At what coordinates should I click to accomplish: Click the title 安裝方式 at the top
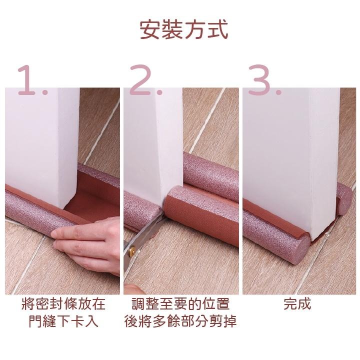tap(184, 30)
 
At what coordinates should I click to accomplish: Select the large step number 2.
tap(146, 80)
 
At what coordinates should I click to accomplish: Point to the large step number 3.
tap(264, 80)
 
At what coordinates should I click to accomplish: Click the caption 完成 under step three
tap(297, 304)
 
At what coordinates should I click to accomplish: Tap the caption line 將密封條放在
tap(63, 304)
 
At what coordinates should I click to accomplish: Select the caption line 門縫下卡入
tap(63, 321)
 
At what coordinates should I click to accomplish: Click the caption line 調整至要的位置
tap(180, 304)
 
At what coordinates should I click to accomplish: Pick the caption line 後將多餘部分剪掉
tap(180, 321)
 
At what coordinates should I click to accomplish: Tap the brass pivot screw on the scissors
tap(132, 250)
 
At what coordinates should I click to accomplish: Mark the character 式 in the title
tap(217, 30)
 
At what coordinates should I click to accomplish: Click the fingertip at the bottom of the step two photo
tap(135, 289)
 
